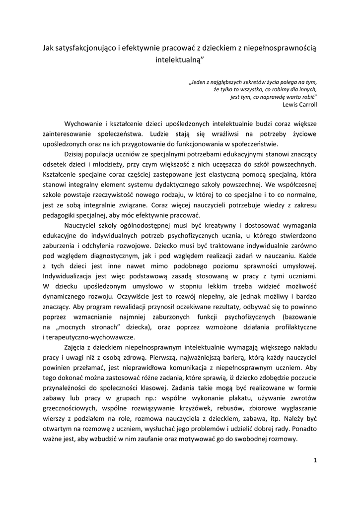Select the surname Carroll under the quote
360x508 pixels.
click(307, 105)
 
